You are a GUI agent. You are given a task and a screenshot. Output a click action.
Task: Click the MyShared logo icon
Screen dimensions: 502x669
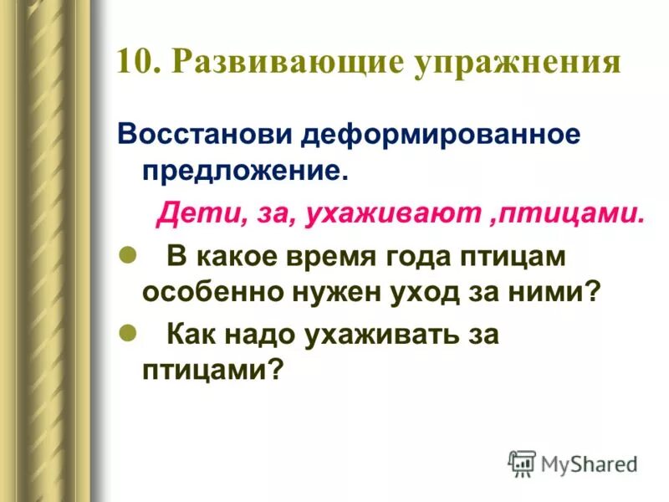click(522, 464)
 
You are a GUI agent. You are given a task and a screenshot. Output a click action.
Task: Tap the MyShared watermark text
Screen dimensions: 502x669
click(590, 464)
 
